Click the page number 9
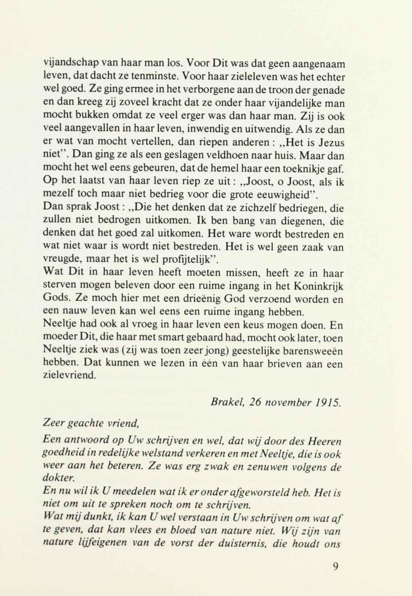335,568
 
